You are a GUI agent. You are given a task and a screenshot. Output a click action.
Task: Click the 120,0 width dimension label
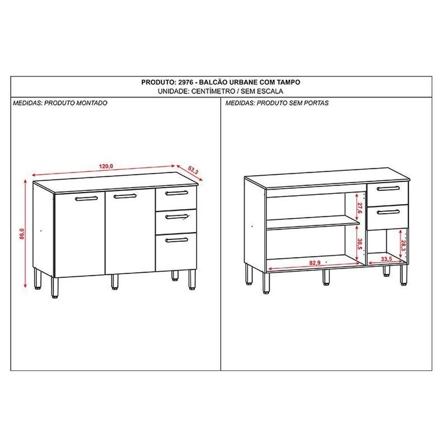[106, 166]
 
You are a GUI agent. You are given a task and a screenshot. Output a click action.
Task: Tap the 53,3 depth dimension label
[193, 170]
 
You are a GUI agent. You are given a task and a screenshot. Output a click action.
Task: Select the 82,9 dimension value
[315, 263]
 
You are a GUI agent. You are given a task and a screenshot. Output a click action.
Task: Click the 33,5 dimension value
[386, 259]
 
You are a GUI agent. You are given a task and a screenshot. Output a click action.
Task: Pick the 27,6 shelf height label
[359, 208]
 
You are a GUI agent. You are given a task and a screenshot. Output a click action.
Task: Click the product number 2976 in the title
[186, 82]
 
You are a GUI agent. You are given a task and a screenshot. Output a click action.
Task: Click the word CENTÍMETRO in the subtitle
[213, 91]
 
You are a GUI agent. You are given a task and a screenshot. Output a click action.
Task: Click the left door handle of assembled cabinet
[87, 198]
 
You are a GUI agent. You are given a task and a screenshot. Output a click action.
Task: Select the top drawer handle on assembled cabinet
[177, 193]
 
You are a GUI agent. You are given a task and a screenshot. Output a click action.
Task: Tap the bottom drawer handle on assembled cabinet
[177, 240]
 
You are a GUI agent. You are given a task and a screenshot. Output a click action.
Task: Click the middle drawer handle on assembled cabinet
[177, 217]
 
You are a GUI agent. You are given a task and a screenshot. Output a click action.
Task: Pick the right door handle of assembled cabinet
[125, 196]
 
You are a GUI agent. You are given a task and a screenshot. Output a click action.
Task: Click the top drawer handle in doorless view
[388, 188]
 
